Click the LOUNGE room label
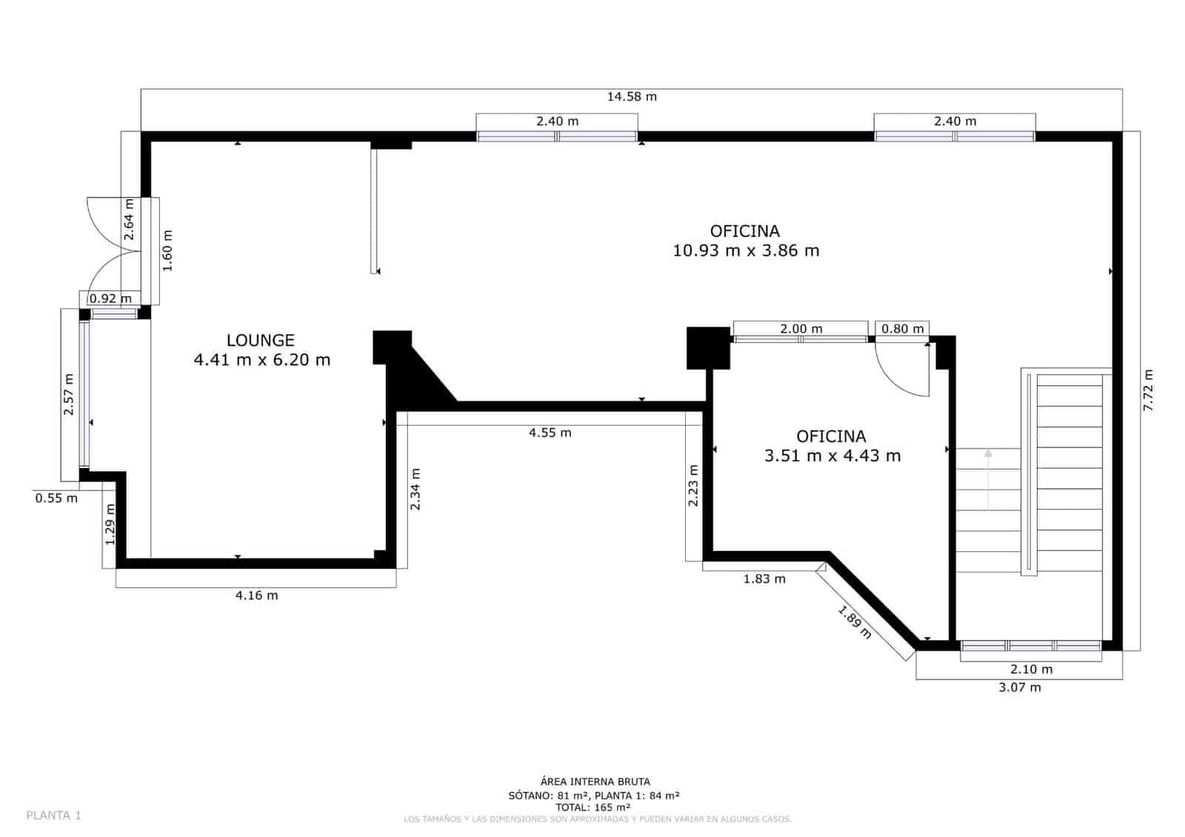pos(260,340)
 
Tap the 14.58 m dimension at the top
pos(631,96)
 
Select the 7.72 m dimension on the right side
pos(1148,390)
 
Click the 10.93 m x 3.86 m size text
pos(745,250)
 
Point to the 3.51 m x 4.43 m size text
pos(832,456)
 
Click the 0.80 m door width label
pos(902,329)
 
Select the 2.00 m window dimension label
pos(801,329)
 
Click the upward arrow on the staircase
pos(988,455)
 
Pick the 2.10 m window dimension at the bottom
pos(1031,669)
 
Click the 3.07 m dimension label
pos(1019,687)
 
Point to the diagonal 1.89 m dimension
pos(855,622)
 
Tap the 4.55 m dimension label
pos(550,433)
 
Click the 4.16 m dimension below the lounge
pos(256,595)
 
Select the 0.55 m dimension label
pos(56,498)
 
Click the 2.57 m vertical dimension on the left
pos(69,392)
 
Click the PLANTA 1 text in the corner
pos(53,816)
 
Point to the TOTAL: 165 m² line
pos(593,807)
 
